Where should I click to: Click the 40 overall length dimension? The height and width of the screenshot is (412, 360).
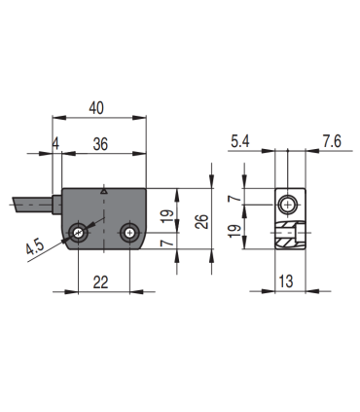96,108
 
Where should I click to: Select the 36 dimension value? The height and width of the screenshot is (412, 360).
100,144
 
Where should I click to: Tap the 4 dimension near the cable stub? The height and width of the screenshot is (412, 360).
56,144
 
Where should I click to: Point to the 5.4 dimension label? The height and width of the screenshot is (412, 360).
240,141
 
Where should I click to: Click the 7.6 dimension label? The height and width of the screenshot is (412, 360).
332,141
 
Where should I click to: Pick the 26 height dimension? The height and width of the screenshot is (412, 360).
202,221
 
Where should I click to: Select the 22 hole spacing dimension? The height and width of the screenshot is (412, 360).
100,282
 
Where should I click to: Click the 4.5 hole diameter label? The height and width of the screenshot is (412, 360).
35,247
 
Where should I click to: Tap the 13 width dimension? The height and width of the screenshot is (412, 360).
286,281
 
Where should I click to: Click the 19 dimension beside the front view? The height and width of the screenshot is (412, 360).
167,216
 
